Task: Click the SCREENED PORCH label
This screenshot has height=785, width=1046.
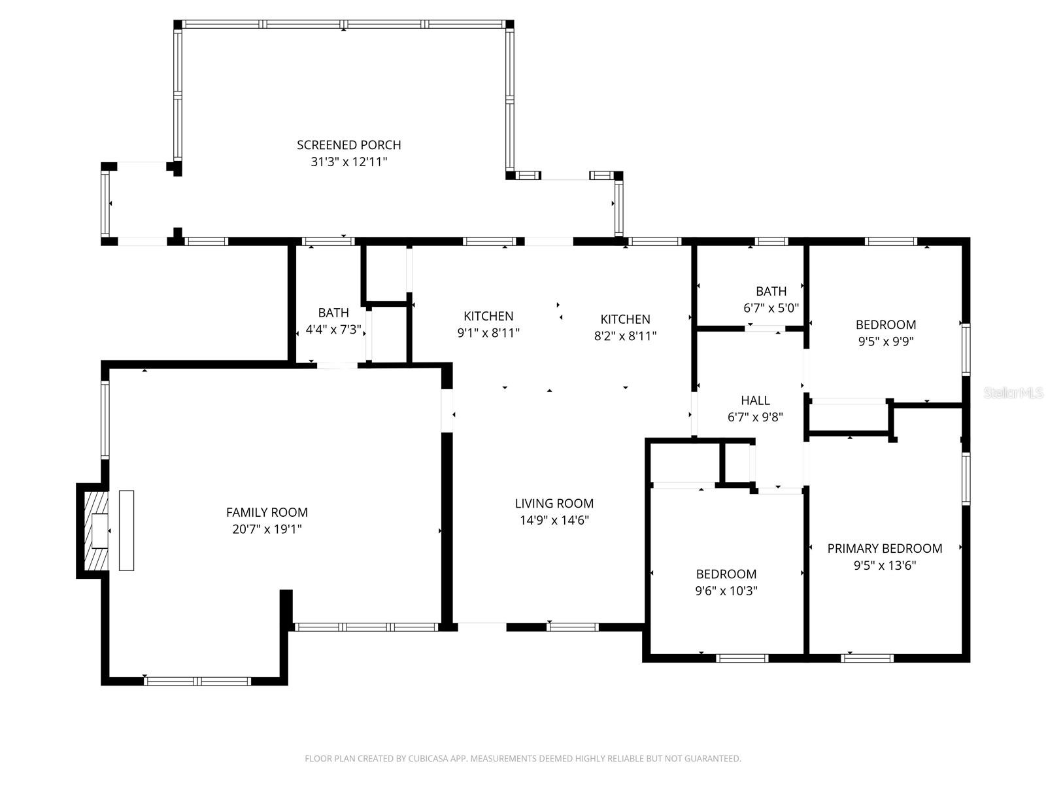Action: (348, 145)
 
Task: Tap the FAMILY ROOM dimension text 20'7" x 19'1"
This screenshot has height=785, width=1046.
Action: (267, 529)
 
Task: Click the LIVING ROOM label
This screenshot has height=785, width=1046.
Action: (554, 503)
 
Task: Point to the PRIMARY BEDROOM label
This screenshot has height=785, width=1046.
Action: (885, 548)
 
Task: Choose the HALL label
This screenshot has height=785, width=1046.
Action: (755, 400)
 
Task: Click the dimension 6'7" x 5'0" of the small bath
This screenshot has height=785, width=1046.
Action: (771, 307)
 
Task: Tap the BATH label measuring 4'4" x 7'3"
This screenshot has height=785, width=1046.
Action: (333, 313)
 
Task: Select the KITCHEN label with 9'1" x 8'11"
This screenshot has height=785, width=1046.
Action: (488, 316)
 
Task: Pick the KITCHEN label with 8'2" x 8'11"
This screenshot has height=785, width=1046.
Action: (625, 319)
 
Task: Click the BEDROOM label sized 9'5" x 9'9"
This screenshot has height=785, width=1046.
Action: (885, 324)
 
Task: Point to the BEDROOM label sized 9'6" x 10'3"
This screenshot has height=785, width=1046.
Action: (726, 574)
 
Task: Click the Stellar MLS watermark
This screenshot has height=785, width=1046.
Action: (1013, 393)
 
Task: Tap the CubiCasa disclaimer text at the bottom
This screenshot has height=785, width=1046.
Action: (522, 759)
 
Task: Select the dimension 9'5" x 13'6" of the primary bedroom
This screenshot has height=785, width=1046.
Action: (885, 565)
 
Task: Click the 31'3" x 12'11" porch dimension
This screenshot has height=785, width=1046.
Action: (348, 162)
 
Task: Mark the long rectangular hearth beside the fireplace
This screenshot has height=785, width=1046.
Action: (126, 531)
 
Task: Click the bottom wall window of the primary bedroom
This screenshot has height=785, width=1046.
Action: (866, 658)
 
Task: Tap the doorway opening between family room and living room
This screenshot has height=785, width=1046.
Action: (447, 411)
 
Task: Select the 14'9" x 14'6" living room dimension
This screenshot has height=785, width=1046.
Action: (554, 520)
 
